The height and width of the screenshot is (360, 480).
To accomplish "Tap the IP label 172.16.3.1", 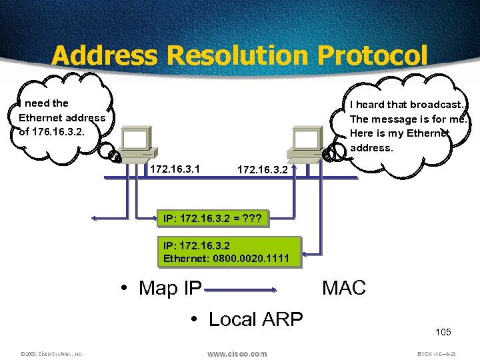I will pos(175,169).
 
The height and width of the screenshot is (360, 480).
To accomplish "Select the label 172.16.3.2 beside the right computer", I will pos(263,170).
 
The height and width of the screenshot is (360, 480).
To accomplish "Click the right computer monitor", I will pos(307,140).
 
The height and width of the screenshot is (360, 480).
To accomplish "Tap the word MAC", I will pos(344,288).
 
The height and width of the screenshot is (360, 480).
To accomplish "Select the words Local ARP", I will pos(256,319).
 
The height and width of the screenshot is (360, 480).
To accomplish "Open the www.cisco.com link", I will pos(237,353).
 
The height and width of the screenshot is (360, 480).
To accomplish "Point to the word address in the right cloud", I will pos(371,148).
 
